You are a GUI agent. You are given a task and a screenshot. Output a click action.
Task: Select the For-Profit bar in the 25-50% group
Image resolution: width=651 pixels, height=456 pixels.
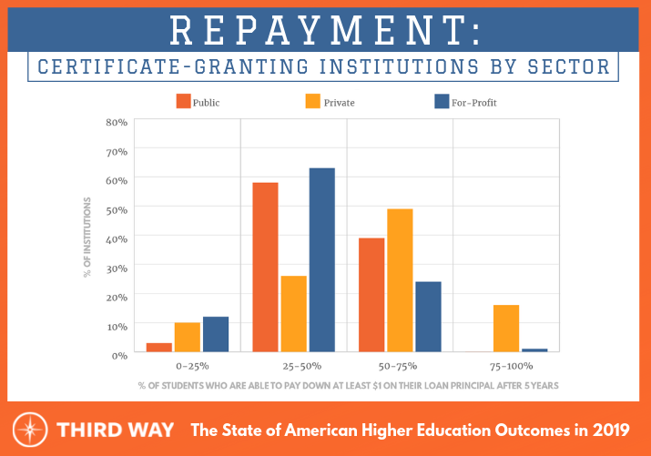pyautogui.click(x=322, y=260)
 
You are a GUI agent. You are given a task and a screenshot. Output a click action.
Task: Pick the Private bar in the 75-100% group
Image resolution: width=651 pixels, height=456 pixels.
pyautogui.click(x=506, y=329)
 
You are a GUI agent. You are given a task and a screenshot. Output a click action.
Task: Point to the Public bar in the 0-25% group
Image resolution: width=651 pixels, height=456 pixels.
pyautogui.click(x=159, y=347)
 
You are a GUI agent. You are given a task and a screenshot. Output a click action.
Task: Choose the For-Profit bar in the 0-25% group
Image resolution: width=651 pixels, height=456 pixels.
pyautogui.click(x=216, y=334)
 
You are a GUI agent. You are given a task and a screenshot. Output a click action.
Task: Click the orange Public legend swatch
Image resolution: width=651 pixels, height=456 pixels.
pyautogui.click(x=183, y=102)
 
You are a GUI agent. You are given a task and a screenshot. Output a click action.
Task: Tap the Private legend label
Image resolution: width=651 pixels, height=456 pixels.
pyautogui.click(x=339, y=103)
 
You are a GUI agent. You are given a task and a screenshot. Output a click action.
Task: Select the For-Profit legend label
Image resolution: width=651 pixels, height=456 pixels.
pyautogui.click(x=473, y=103)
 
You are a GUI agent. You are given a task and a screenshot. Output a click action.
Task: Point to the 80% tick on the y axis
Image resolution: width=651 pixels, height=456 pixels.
pyautogui.click(x=116, y=121)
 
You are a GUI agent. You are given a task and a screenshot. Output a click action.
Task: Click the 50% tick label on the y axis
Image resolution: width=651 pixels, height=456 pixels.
pyautogui.click(x=116, y=208)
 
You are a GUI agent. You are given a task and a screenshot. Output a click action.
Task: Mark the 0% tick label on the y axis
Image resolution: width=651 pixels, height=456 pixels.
pyautogui.click(x=118, y=355)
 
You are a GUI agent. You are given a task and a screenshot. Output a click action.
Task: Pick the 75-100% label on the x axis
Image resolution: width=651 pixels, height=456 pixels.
pyautogui.click(x=506, y=366)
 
